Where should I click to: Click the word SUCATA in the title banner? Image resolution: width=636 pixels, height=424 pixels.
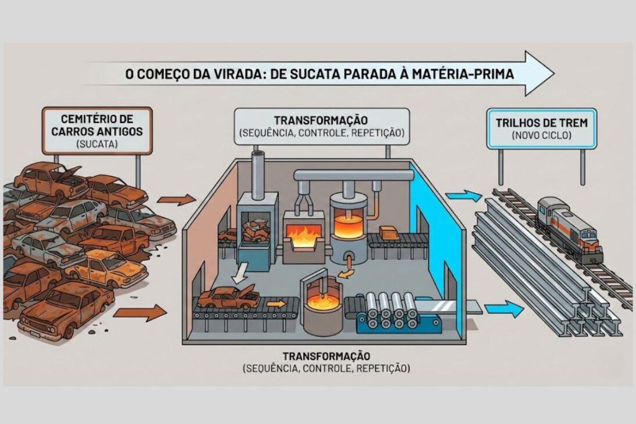coord(307,74)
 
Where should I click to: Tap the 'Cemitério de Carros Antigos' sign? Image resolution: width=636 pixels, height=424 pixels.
coord(98,130)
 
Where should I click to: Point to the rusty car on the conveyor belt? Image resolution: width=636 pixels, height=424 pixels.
coord(228,298)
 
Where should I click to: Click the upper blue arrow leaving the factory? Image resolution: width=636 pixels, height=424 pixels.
coord(465,196)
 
